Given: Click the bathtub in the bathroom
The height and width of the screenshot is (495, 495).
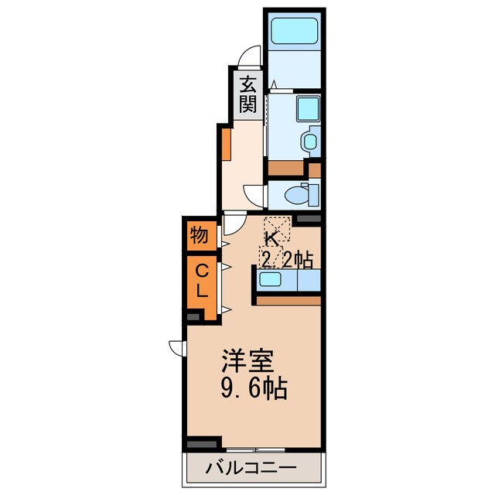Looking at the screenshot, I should pyautogui.click(x=294, y=32).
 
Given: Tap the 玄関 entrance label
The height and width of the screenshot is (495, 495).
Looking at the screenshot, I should pyautogui.click(x=247, y=94).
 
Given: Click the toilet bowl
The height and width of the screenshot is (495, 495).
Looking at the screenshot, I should pyautogui.click(x=295, y=193).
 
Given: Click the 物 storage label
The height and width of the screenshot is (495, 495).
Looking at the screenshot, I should pyautogui.click(x=199, y=235).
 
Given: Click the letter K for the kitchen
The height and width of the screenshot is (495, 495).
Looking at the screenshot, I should pyautogui.click(x=272, y=238).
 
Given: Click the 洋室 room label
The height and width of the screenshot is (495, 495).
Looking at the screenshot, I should pyautogui.click(x=246, y=361).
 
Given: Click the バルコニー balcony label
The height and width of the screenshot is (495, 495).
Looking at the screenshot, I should pyautogui.click(x=251, y=467).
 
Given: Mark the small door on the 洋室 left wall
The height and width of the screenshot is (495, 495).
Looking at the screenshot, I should pyautogui.click(x=177, y=347).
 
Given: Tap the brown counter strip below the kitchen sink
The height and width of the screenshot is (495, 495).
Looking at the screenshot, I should pyautogui.click(x=287, y=299).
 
